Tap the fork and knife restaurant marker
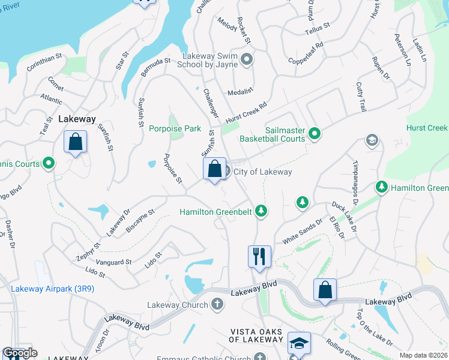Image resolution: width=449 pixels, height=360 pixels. (x=259, y=257)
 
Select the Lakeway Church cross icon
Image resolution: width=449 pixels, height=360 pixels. (x=217, y=305)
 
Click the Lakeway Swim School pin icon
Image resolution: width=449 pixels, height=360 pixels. (x=246, y=58)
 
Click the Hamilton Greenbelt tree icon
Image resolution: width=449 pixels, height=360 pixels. (x=261, y=211)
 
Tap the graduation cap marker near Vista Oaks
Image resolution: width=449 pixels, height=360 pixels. (x=298, y=344)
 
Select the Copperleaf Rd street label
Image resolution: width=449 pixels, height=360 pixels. (x=306, y=53)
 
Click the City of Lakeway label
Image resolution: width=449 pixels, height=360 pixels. (x=262, y=172)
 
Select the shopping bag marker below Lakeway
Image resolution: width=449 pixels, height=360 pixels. (x=76, y=143)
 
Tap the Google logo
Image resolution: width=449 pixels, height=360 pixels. (x=20, y=353)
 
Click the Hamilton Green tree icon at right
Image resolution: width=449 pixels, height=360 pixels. (x=381, y=188)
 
